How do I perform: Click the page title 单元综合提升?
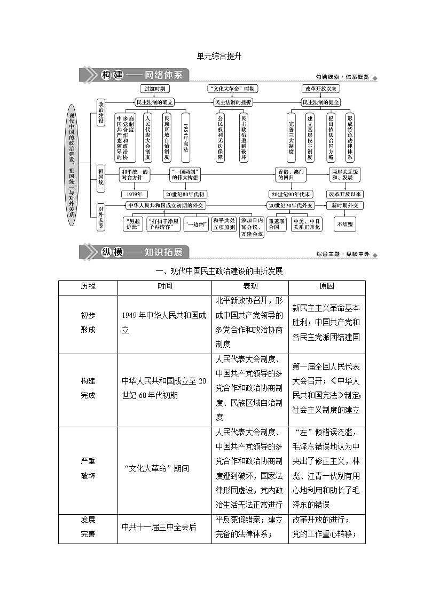[213, 55]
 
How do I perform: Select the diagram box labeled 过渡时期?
[155, 89]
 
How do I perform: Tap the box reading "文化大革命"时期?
[232, 89]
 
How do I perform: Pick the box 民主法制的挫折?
[233, 102]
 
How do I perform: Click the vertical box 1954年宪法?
[186, 137]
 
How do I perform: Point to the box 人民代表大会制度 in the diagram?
[148, 137]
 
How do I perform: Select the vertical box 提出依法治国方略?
[331, 137]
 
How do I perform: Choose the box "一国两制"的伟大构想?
[185, 174]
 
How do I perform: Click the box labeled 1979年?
[134, 194]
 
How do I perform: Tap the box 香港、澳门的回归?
[290, 174]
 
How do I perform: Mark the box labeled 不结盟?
[345, 225]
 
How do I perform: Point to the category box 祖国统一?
[100, 179]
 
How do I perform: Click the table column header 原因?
[327, 286]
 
